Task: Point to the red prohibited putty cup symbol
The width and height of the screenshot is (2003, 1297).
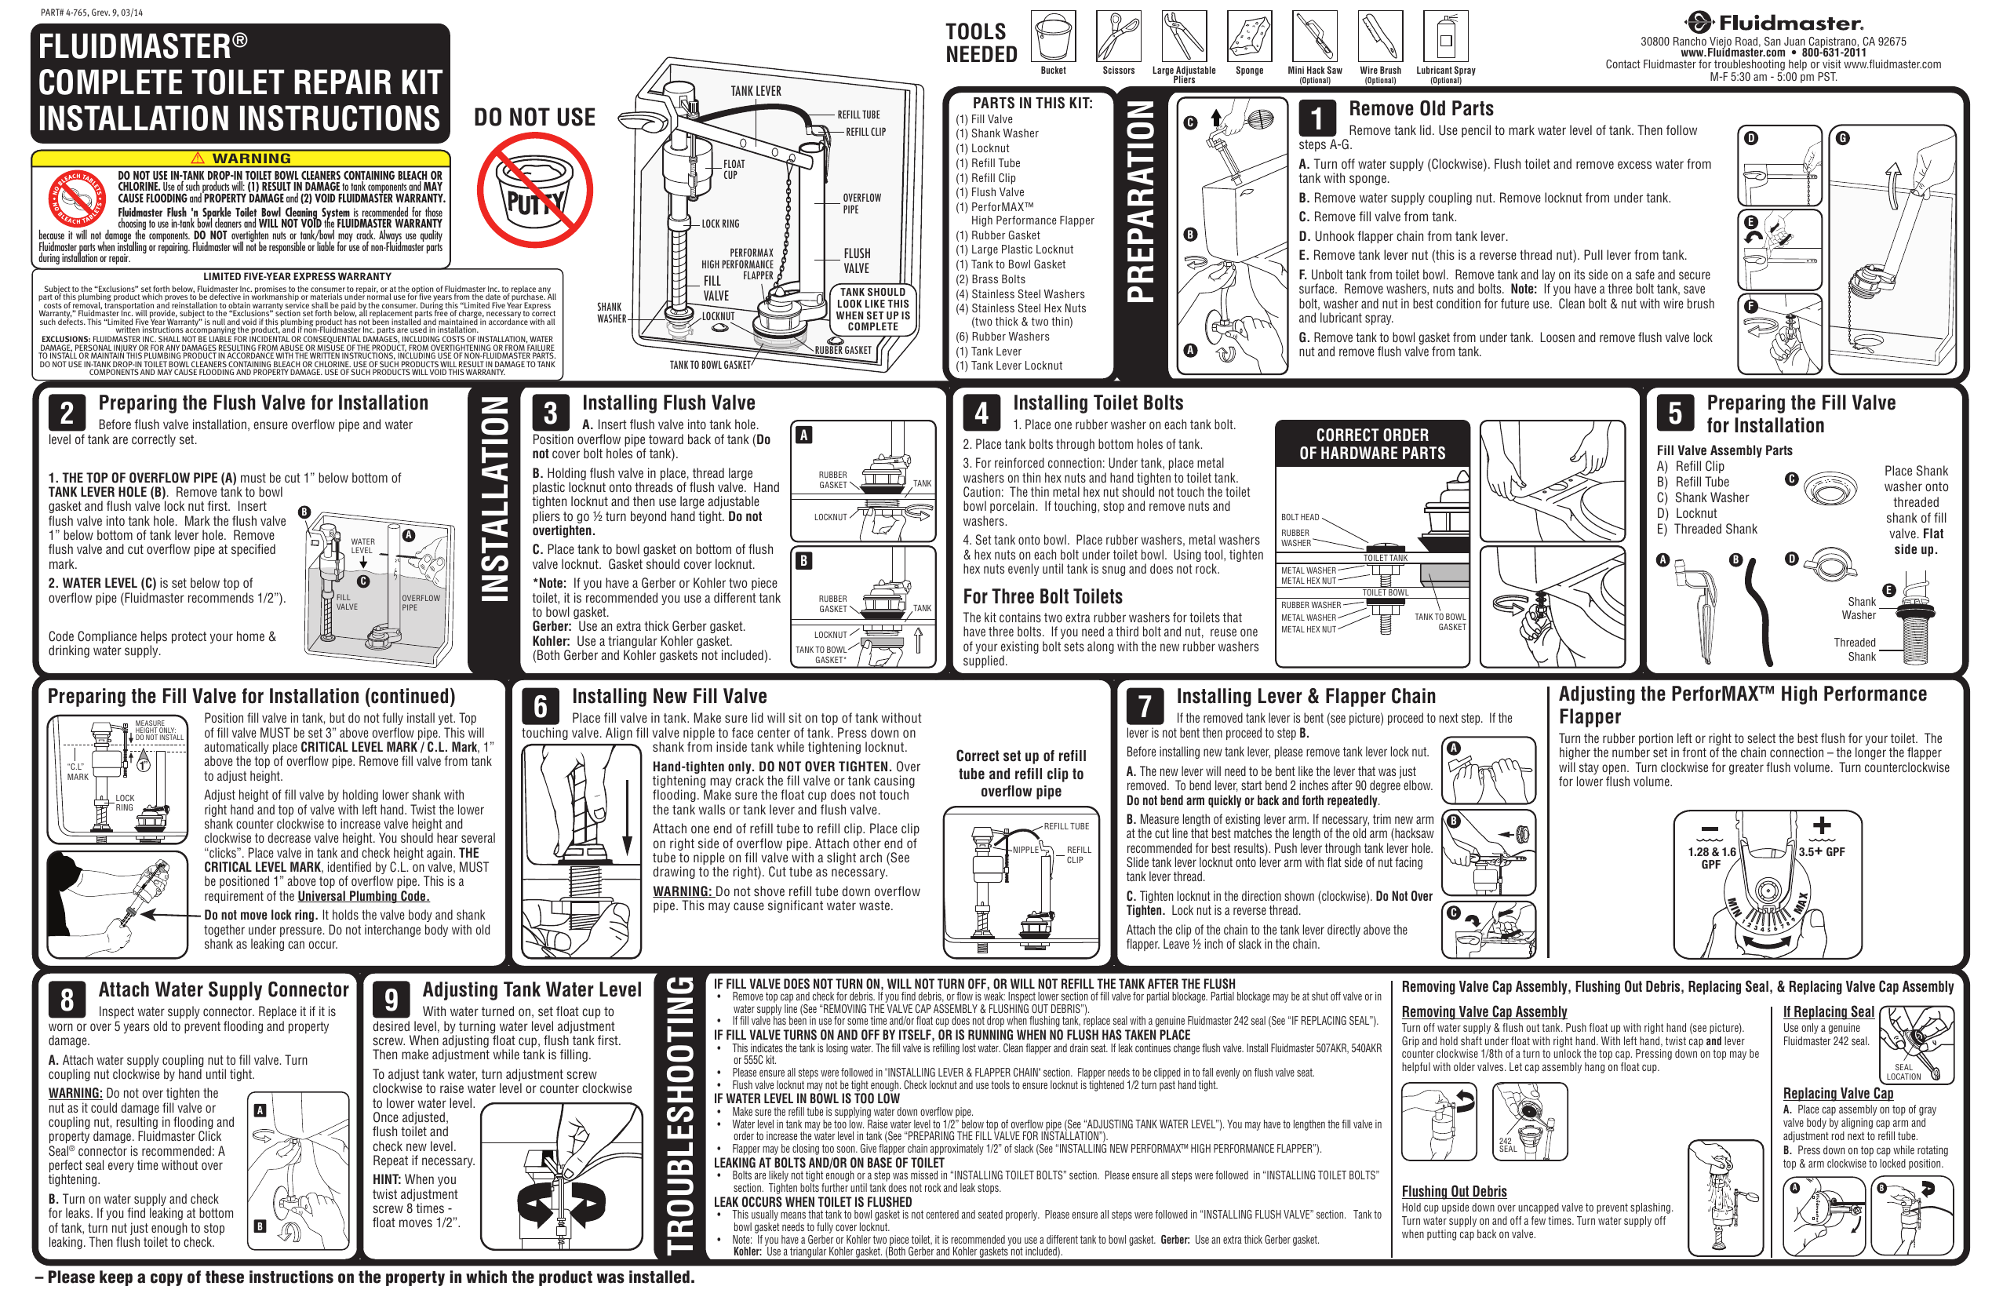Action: [534, 190]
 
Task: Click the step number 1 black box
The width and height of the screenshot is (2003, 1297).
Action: [1317, 118]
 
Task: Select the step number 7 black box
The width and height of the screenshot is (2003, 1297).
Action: [1145, 705]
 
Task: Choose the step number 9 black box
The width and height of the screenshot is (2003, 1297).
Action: [391, 999]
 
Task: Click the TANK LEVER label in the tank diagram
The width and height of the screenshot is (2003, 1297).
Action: [756, 91]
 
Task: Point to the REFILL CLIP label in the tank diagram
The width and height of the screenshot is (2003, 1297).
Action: [865, 132]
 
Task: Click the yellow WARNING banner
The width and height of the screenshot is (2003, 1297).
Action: [241, 158]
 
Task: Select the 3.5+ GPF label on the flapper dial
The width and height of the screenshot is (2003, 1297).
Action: [1821, 852]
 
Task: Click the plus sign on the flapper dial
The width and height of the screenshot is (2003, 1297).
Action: [1821, 825]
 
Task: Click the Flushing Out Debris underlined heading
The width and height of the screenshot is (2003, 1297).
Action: [1454, 1191]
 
